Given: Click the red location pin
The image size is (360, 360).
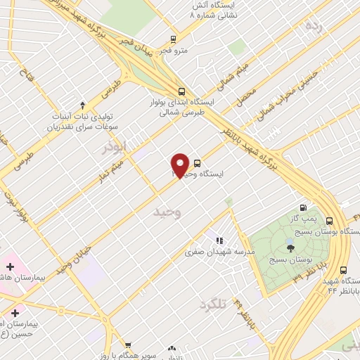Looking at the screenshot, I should point(180,165).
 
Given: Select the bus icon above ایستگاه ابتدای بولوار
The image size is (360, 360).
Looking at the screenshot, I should point(182,91).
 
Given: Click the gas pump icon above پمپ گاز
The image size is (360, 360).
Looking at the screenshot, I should point(303,207).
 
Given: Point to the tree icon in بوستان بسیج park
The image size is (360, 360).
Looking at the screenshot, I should point(290,247).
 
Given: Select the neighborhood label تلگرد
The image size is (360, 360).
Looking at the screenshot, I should point(214,304).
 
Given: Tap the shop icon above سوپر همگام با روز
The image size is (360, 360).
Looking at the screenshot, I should point(127,345).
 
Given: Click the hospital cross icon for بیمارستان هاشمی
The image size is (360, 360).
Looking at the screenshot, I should point(9,267).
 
